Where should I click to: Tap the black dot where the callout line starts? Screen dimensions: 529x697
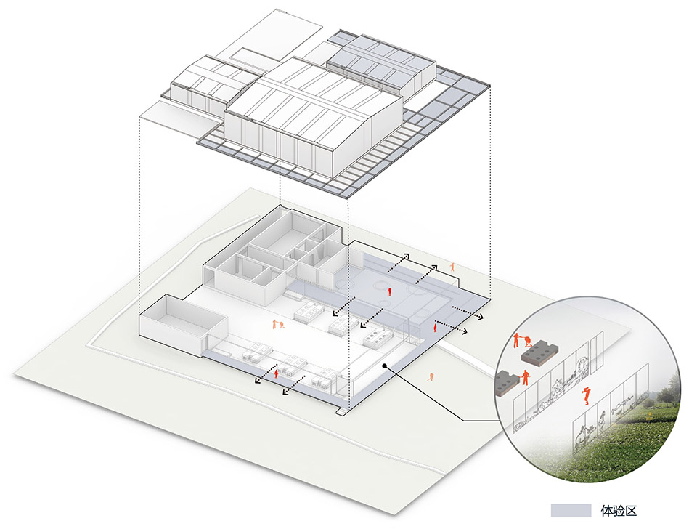386,368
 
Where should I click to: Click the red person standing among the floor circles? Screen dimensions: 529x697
391,292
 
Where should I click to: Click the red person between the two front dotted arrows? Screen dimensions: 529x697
276,373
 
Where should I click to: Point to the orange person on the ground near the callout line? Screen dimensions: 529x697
432,376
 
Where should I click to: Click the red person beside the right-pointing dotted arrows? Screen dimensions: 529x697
434,328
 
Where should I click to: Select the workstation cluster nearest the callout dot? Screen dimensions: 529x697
376,338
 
